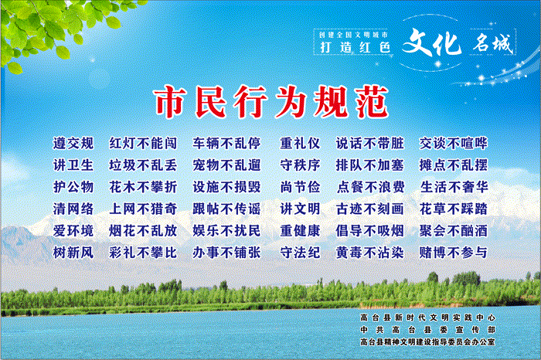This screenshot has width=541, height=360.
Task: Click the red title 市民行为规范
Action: tap(272, 102)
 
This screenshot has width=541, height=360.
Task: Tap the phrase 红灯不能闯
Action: tap(143, 144)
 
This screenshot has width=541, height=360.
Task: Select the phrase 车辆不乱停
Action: tap(226, 144)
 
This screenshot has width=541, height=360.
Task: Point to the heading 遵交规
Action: tap(73, 144)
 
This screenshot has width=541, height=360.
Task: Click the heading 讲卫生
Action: tap(73, 165)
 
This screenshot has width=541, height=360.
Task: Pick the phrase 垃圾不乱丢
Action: tap(143, 165)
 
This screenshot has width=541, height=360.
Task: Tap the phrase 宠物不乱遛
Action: tap(226, 165)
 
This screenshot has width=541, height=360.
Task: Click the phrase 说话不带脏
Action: tap(370, 144)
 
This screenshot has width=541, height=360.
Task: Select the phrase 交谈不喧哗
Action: tap(454, 144)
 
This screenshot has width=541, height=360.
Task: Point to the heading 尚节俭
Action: tap(300, 187)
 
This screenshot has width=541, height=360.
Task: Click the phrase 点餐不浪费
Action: tap(370, 187)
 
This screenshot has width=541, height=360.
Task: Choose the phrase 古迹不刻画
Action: tap(370, 209)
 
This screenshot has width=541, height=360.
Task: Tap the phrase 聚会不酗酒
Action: tap(454, 231)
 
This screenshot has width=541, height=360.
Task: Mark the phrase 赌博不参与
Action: tap(454, 253)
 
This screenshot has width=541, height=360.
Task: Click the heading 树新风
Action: tap(73, 253)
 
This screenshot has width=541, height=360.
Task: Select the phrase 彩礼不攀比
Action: tap(143, 253)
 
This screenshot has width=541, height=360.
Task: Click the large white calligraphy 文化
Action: tap(432, 42)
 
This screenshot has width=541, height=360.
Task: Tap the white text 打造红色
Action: tap(355, 47)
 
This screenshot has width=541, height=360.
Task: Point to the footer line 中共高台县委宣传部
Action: tap(428, 330)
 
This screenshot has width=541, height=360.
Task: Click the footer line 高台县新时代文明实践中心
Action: tap(428, 318)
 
